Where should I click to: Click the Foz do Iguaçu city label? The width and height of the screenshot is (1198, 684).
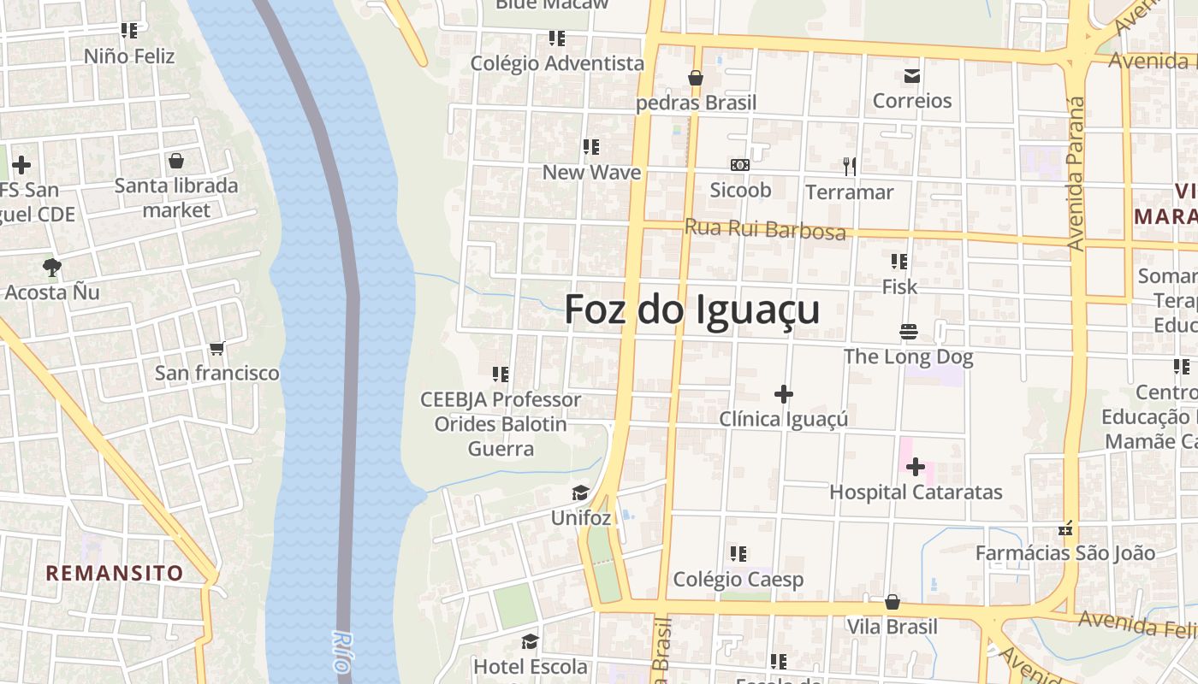tap(691, 310)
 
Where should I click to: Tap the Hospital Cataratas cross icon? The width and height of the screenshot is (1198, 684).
tap(915, 467)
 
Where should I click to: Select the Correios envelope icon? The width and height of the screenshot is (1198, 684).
tap(911, 76)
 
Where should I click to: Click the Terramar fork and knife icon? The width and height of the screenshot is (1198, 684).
tap(849, 166)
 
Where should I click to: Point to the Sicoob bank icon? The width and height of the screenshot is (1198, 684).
tap(739, 164)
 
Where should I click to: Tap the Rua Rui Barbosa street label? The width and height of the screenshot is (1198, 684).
tap(765, 229)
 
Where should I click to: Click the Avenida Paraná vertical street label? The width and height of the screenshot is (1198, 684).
tap(1076, 174)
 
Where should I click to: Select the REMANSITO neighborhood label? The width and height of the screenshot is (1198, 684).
tap(115, 573)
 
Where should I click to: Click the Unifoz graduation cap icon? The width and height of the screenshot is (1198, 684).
tap(581, 493)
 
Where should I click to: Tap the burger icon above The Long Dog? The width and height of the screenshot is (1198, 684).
tap(908, 331)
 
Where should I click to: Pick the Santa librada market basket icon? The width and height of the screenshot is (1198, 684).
tap(176, 161)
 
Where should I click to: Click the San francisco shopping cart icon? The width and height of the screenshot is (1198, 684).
tap(216, 348)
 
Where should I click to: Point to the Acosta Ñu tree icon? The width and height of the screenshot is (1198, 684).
tap(51, 267)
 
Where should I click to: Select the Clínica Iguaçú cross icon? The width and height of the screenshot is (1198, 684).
tap(783, 394)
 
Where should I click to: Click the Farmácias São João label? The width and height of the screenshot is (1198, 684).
tap(1065, 553)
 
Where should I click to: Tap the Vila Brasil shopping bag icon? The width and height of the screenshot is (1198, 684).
tap(892, 602)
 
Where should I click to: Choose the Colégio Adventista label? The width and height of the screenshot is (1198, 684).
tap(557, 63)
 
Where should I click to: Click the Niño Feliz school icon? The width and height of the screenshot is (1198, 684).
tap(129, 32)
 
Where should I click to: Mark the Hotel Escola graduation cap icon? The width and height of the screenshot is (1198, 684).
tap(531, 641)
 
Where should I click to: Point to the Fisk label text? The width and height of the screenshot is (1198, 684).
tap(899, 287)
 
